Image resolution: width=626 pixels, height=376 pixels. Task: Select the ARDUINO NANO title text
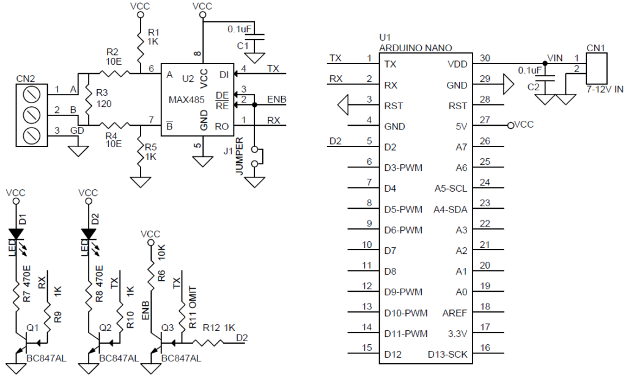(x=415, y=48)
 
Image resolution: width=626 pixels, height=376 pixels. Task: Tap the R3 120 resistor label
(x=102, y=98)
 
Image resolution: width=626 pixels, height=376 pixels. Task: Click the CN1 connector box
(x=596, y=68)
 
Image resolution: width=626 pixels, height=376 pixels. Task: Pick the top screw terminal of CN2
(x=32, y=95)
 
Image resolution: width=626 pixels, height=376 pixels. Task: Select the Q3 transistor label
(x=168, y=328)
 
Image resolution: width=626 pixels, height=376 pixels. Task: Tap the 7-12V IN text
(x=605, y=89)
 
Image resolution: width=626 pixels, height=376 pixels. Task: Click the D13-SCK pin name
(x=447, y=355)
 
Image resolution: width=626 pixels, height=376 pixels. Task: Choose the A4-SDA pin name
(x=451, y=209)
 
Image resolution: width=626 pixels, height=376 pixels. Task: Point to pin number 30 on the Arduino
(x=485, y=58)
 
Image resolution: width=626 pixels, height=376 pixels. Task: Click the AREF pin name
(x=454, y=313)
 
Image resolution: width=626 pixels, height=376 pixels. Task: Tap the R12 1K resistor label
(x=219, y=328)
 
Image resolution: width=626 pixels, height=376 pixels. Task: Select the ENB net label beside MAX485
(x=277, y=99)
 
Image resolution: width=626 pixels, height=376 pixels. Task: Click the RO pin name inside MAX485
(x=221, y=126)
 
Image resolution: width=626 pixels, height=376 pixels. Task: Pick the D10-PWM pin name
(x=406, y=313)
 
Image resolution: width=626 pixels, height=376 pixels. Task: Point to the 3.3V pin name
(x=457, y=334)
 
